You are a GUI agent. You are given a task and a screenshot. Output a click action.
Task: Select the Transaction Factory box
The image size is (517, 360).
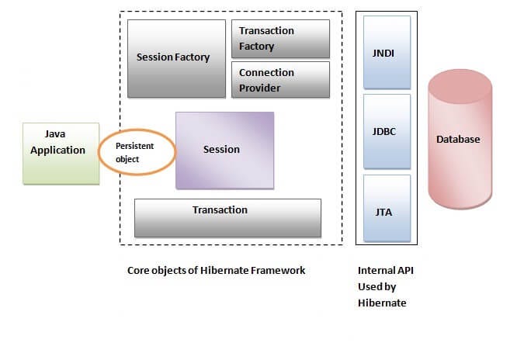(x=280, y=38)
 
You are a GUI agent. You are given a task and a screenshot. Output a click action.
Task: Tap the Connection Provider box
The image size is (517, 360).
(x=280, y=80)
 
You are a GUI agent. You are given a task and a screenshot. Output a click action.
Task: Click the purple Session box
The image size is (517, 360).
(x=224, y=150)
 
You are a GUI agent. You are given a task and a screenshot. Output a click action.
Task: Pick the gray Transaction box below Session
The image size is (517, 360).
(x=227, y=217)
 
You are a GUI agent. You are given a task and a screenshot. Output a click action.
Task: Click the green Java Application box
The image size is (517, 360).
(x=61, y=153)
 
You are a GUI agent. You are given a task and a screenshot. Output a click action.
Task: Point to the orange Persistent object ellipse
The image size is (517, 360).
(x=137, y=151)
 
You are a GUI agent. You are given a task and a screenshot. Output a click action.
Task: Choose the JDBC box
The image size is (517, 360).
(x=386, y=132)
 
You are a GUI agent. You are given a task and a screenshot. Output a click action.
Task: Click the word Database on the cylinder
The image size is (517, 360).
(x=457, y=140)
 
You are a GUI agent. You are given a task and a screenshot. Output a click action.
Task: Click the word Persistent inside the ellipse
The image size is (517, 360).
(x=135, y=145)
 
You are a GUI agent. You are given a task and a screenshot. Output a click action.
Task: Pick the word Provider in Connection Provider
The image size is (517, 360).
(x=260, y=88)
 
